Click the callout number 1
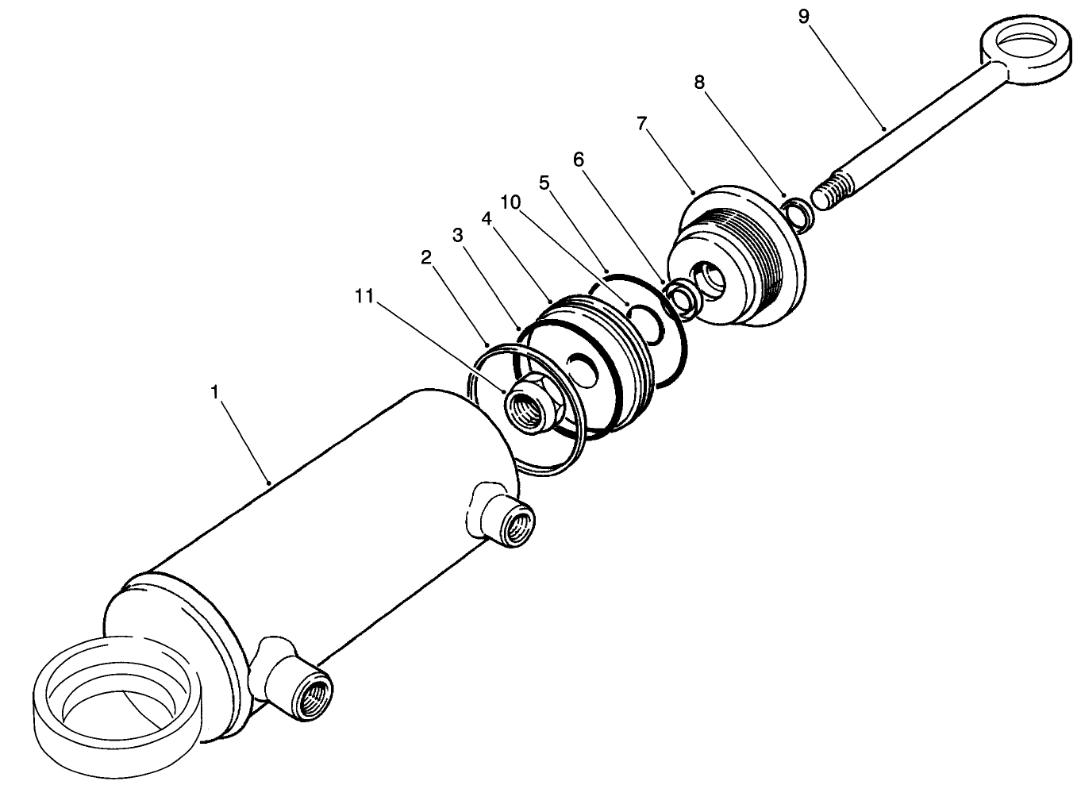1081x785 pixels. coord(214,392)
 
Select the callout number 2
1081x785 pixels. coord(426,257)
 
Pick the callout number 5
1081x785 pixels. coord(544,183)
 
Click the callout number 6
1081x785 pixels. coord(579,160)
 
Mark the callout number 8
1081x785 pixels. coord(699,83)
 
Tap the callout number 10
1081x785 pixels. coord(510,202)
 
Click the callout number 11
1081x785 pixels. coord(364,297)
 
